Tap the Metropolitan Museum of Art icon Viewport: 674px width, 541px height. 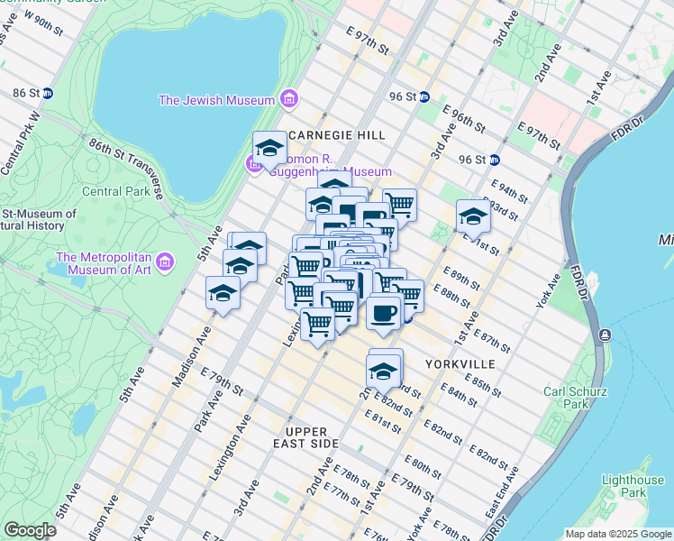(x=164, y=262)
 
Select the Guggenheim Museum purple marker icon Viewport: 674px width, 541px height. (x=254, y=165)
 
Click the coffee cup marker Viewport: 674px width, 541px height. (x=385, y=313)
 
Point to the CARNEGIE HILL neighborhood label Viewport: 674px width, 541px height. (x=338, y=135)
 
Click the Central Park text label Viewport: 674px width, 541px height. (x=113, y=191)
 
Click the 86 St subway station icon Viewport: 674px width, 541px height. (x=48, y=93)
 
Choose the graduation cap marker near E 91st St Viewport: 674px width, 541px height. (x=473, y=215)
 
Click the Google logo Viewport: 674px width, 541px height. (x=30, y=530)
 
